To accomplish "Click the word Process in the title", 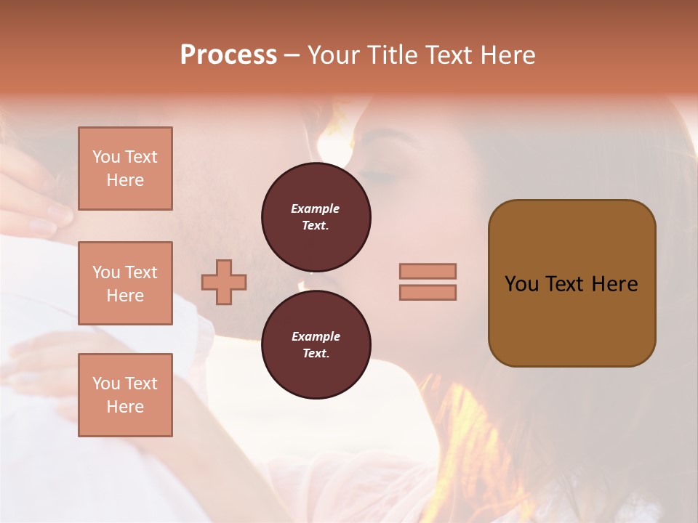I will tap(228, 55).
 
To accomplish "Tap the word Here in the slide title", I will tap(506, 55).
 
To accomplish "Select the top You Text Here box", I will tap(125, 169).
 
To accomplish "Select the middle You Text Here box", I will tap(125, 283).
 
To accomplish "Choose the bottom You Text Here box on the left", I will tap(125, 395).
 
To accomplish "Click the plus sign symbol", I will tap(224, 282).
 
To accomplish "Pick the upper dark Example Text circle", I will tap(316, 217).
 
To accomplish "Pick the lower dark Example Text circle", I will tap(316, 345).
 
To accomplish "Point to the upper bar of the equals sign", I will tap(428, 271).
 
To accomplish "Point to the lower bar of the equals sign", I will tap(428, 293).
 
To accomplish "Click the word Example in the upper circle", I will tap(316, 208).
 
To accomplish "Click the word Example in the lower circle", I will tap(316, 336).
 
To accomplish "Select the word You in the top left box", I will tap(106, 157).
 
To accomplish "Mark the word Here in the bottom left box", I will tap(125, 407).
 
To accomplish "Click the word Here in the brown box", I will tap(615, 284).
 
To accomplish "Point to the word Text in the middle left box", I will tap(140, 272).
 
